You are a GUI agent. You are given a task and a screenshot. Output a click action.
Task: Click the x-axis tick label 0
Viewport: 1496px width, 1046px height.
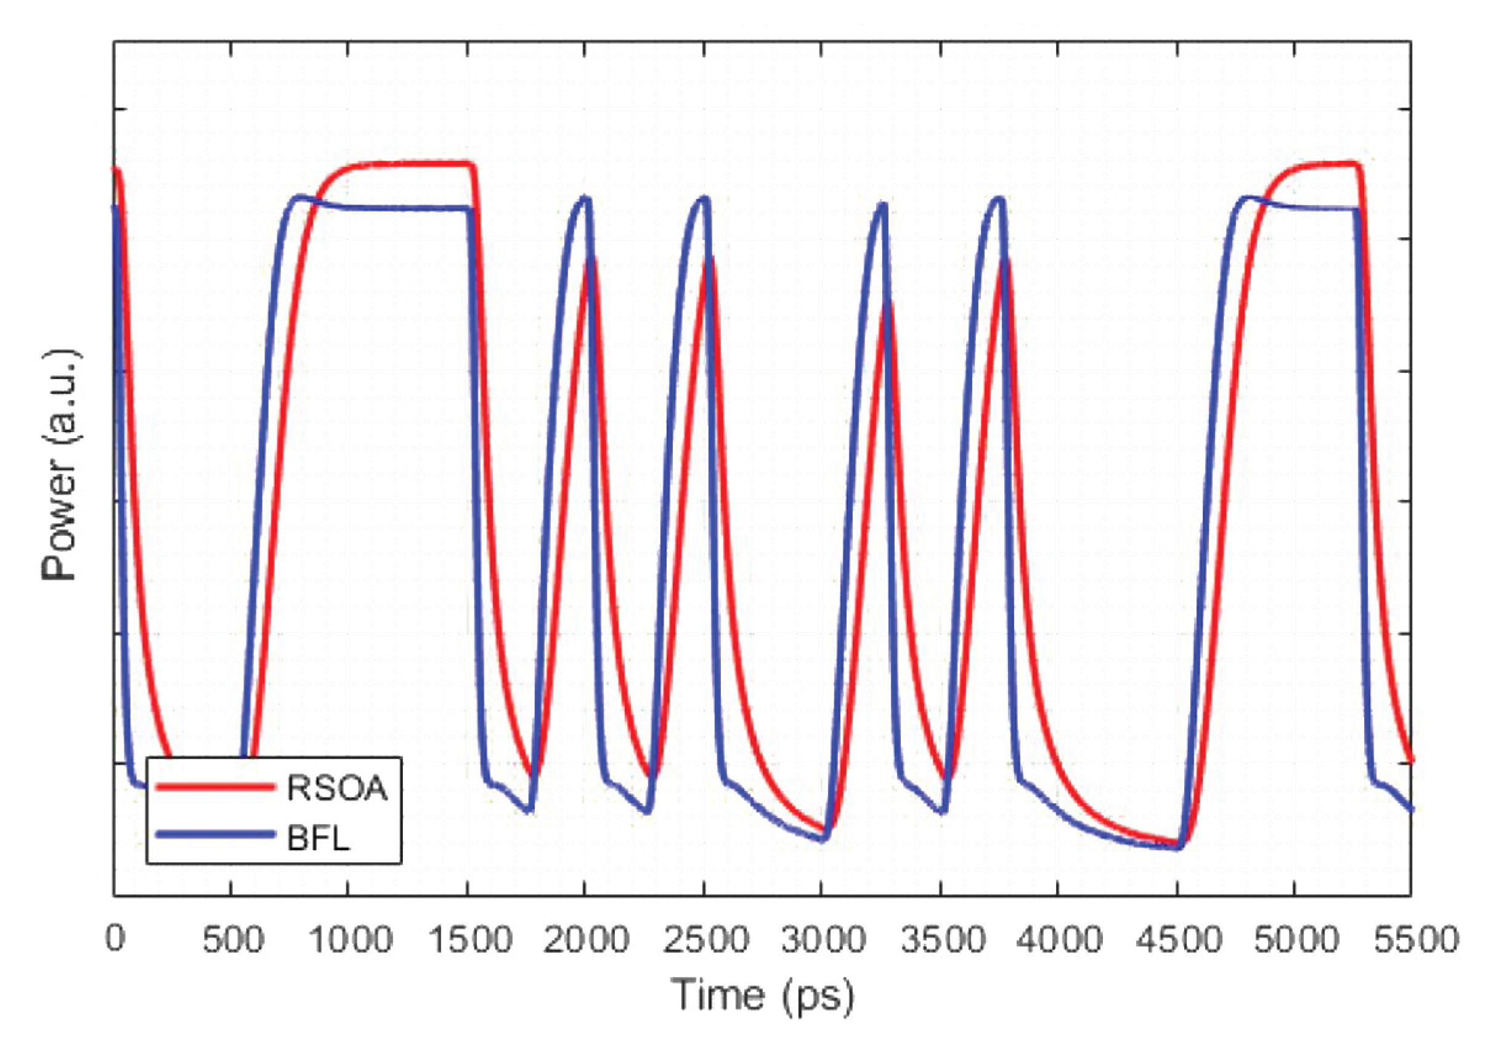coord(115,939)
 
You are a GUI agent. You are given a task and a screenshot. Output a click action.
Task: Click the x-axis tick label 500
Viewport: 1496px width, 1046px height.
coord(233,939)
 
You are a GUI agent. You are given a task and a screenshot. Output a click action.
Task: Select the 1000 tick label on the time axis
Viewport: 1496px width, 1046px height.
coord(351,939)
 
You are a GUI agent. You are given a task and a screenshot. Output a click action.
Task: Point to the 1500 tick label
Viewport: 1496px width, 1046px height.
coord(470,939)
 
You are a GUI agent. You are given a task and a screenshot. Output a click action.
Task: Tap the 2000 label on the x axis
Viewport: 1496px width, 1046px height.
coord(587,939)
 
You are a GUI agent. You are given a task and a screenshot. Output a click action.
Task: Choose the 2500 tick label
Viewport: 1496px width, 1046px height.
coord(705,939)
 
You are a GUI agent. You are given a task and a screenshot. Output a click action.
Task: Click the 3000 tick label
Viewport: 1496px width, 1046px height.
coord(824,939)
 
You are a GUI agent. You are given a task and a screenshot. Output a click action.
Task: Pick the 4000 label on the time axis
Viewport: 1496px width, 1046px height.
coord(1059,939)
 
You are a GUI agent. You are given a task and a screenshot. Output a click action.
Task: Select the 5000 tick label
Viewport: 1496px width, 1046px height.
coord(1296,939)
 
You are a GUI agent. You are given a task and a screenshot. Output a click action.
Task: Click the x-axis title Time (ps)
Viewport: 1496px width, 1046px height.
coord(762,996)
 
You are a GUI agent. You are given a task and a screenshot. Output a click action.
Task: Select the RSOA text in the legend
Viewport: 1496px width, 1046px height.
coord(338,788)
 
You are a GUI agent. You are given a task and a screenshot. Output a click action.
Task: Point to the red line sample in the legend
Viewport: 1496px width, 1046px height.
coord(215,787)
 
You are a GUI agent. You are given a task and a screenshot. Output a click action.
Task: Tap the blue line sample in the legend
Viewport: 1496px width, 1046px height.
coord(215,835)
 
